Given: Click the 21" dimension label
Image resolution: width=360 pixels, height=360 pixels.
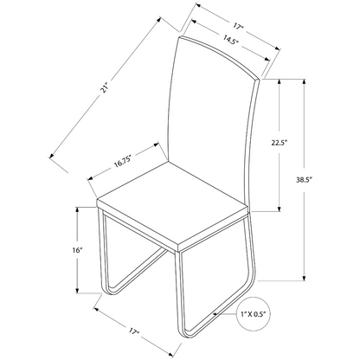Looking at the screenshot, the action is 104,88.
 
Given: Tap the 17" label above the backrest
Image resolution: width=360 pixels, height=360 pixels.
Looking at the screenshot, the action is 238,27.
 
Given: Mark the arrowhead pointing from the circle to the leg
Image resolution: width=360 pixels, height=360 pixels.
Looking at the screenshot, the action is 216,314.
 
